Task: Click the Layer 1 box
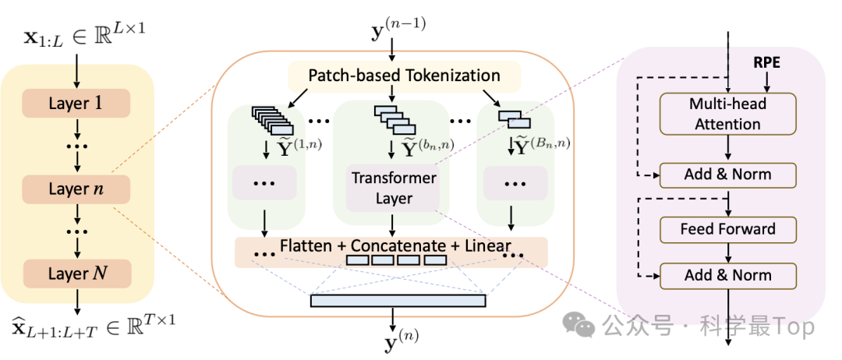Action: pyautogui.click(x=76, y=103)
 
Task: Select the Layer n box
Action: pyautogui.click(x=76, y=189)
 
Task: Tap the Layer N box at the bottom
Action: pyautogui.click(x=76, y=274)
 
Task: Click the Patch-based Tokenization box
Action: pyautogui.click(x=404, y=76)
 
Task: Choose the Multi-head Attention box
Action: pyautogui.click(x=727, y=114)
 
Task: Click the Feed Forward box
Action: pyautogui.click(x=727, y=229)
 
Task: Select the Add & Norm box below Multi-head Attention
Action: pyautogui.click(x=727, y=175)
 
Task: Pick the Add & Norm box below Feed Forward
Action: pyautogui.click(x=727, y=275)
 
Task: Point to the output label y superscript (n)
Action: pyautogui.click(x=394, y=338)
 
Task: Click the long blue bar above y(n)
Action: pyautogui.click(x=398, y=301)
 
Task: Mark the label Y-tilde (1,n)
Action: pyautogui.click(x=287, y=145)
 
